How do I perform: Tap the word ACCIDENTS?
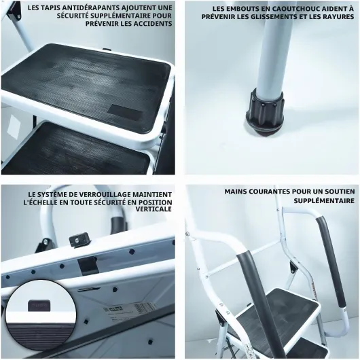154,23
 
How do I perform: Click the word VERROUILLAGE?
107,194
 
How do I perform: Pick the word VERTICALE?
154,209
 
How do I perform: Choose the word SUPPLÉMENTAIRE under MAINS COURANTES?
324,200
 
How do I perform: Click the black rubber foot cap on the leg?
265,113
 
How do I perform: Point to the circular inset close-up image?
40,315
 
